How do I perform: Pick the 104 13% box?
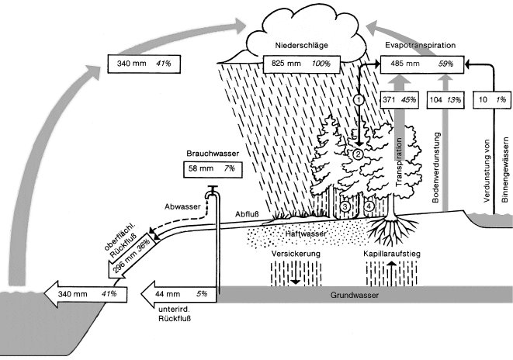click(x=445, y=99)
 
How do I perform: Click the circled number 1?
click(x=359, y=99)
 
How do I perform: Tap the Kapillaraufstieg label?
click(x=392, y=254)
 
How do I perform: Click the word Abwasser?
click(x=182, y=229)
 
